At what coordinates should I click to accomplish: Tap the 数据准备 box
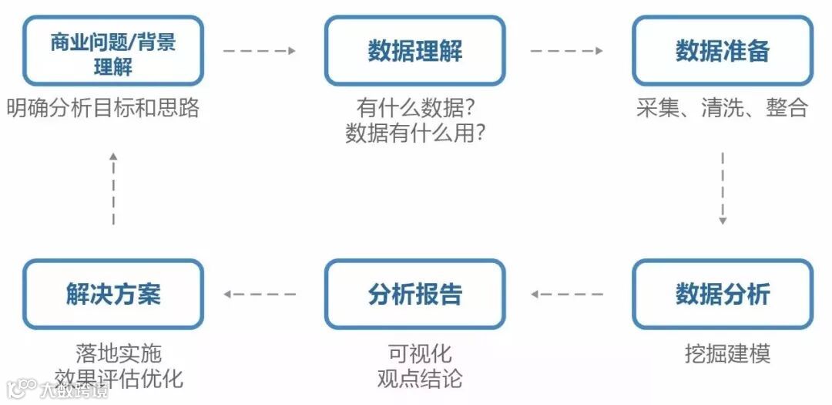coord(722,51)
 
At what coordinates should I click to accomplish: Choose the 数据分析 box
coord(722,294)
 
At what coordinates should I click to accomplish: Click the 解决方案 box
coord(112,294)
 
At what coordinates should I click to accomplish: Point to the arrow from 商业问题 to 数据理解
coord(260,51)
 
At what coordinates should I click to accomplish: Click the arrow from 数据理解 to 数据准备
coord(566,51)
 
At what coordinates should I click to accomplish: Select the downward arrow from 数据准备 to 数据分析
coord(723,188)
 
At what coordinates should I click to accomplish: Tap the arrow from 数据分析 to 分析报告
coord(566,294)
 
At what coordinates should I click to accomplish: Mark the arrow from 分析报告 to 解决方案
coord(260,294)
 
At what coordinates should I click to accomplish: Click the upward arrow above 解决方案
coord(113,188)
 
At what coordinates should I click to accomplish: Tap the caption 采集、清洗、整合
coord(722,108)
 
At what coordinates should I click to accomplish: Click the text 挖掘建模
coord(727,354)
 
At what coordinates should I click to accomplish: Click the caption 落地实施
coord(119,354)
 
